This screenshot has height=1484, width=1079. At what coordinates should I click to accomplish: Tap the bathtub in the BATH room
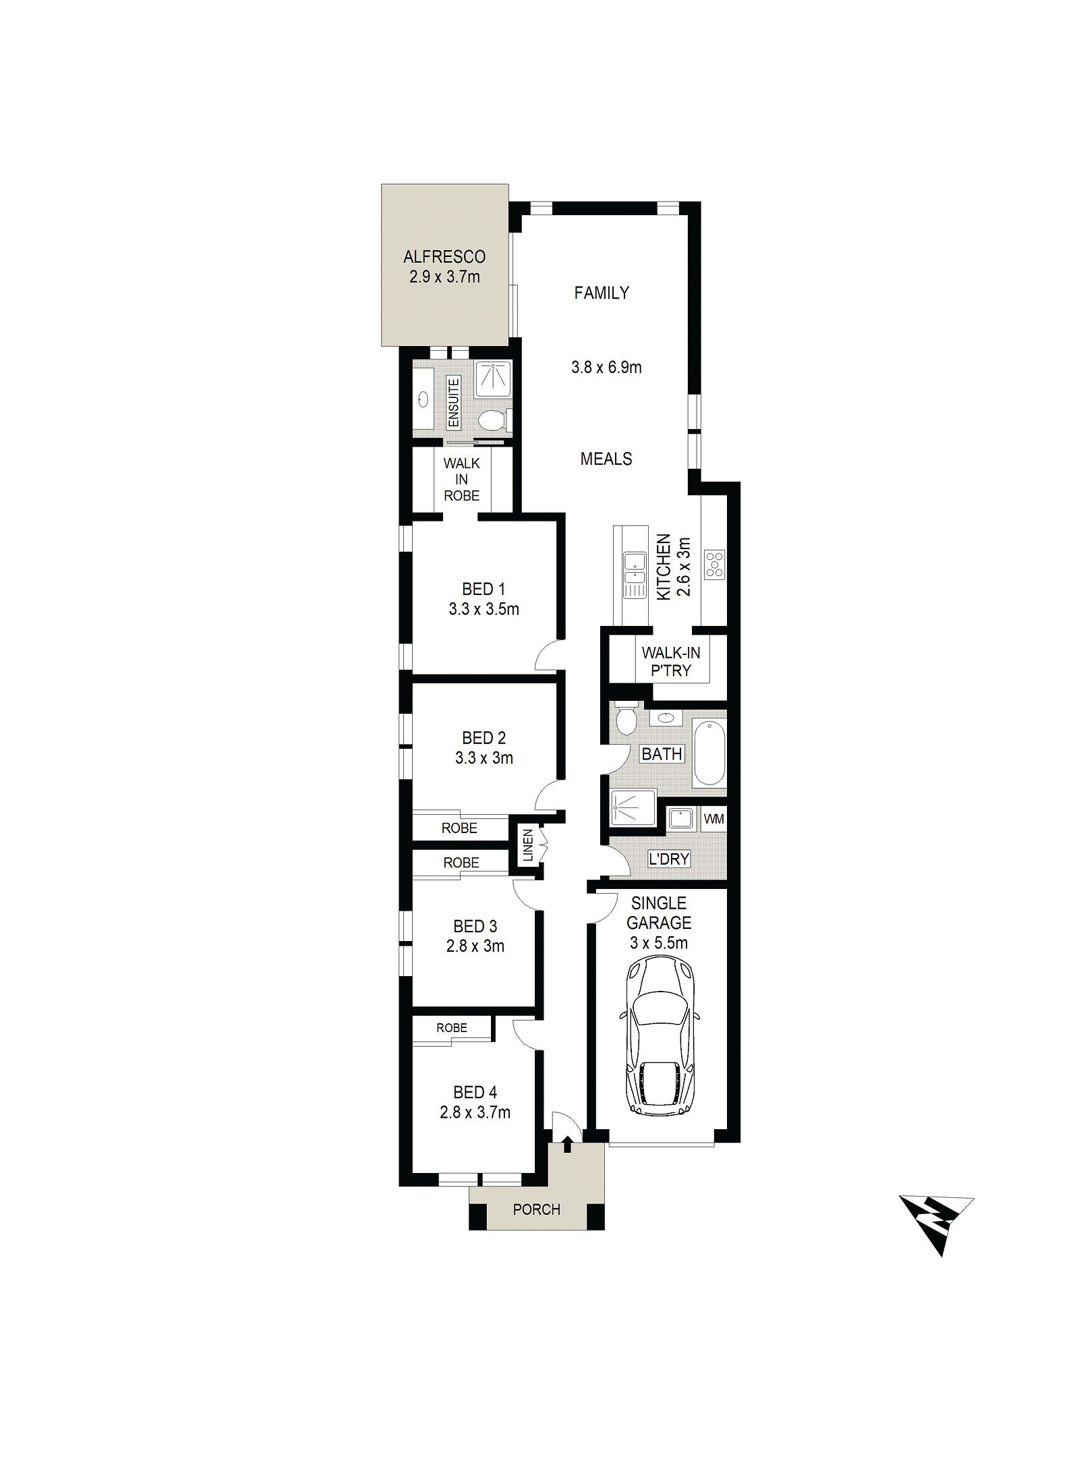pos(709,753)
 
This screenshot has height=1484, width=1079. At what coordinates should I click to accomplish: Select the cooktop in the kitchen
pos(714,565)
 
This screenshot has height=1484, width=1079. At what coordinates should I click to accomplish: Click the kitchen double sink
pos(634,567)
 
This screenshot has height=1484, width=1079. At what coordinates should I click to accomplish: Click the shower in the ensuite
pos(493,379)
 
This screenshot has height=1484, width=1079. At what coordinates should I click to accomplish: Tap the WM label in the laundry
pos(713,819)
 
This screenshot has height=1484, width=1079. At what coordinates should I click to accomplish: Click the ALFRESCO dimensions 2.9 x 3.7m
pos(444,277)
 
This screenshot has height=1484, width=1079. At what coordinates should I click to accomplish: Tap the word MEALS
pos(606,459)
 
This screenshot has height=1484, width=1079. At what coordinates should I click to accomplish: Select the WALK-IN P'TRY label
pos(670,662)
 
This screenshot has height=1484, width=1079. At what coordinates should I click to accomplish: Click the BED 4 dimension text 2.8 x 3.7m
pos(475,1112)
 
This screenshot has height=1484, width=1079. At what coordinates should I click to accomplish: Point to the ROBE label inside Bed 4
pos(452,1028)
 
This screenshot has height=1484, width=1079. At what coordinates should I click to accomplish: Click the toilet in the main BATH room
pos(625,718)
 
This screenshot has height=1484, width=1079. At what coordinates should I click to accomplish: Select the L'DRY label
pos(668,859)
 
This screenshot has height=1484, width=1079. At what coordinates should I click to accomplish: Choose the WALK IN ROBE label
pos(462,480)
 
